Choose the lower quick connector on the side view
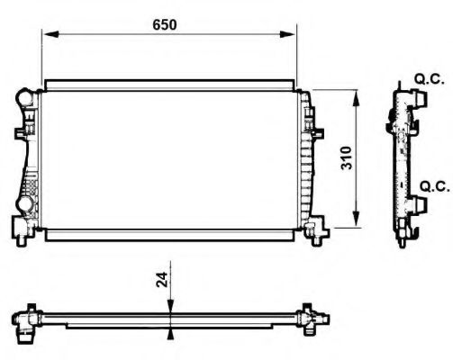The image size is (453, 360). [x=416, y=203]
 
